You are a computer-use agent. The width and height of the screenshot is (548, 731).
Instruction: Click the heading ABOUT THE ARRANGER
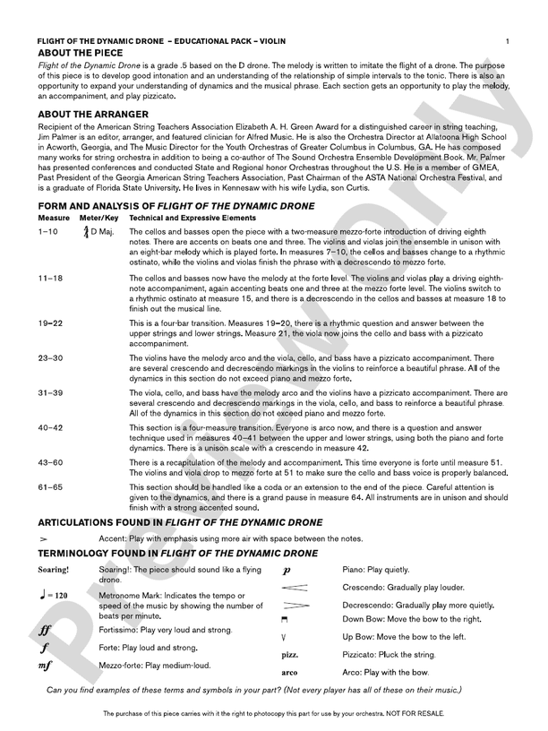[x=93, y=115]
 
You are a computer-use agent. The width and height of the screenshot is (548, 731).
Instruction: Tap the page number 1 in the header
[x=508, y=41]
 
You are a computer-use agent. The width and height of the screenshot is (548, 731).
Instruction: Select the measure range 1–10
[x=48, y=232]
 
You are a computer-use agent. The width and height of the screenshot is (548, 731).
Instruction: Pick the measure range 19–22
[x=51, y=322]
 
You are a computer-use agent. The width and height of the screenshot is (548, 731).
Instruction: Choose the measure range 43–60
[x=51, y=462]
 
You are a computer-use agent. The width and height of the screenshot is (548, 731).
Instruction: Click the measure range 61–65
[x=51, y=486]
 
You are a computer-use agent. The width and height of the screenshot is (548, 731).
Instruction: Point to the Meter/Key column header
[x=98, y=218]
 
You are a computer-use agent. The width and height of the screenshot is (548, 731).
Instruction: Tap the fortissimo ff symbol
[x=44, y=630]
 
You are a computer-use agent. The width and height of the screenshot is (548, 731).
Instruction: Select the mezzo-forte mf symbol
[x=45, y=666]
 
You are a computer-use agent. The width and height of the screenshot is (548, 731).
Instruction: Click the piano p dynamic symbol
[x=286, y=571]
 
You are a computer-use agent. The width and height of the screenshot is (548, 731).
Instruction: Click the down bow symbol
[x=284, y=619]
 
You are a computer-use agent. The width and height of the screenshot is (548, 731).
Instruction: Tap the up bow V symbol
[x=284, y=637]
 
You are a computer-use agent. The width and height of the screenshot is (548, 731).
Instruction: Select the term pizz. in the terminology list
[x=289, y=655]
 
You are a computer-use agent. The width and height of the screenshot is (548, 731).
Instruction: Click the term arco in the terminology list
[x=289, y=672]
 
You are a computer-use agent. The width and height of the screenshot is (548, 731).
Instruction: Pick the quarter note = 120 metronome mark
[x=55, y=595]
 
